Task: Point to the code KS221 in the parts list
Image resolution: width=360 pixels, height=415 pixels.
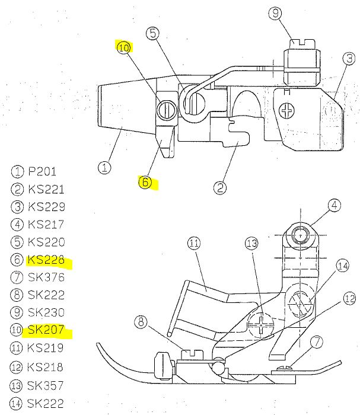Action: (46, 190)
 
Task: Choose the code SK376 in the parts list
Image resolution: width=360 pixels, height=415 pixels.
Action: (46, 277)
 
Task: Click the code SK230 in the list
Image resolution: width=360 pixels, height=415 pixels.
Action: (46, 312)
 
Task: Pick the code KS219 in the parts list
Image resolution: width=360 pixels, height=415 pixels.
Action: (46, 347)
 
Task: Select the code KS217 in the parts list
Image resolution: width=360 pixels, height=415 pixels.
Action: (46, 225)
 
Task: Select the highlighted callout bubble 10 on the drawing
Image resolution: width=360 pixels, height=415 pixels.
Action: (124, 49)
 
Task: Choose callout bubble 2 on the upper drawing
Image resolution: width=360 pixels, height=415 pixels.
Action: (220, 187)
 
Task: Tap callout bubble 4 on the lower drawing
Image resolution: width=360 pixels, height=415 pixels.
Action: (335, 206)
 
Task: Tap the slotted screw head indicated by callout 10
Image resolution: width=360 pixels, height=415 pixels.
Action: (166, 108)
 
